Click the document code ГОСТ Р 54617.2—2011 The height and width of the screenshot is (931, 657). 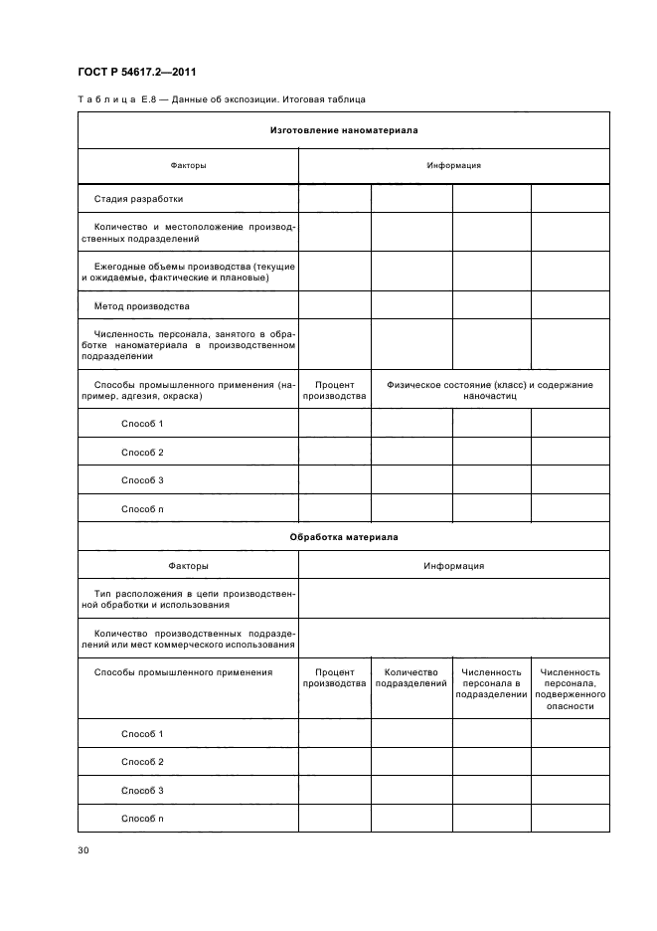click(x=138, y=71)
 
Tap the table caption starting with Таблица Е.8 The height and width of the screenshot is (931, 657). click(x=221, y=99)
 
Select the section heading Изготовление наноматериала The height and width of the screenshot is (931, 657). click(x=344, y=129)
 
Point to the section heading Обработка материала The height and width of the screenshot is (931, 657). click(x=344, y=536)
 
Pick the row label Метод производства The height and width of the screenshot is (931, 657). click(x=141, y=305)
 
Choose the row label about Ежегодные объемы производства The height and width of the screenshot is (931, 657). click(x=188, y=272)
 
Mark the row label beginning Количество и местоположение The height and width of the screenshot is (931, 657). click(x=188, y=233)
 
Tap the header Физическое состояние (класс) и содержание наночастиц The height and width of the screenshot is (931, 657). click(x=490, y=389)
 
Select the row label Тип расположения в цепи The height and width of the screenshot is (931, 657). click(x=188, y=598)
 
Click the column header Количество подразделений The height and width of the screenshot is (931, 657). click(x=411, y=678)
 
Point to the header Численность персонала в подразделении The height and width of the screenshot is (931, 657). click(x=491, y=683)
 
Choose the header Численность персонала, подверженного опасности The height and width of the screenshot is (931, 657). click(x=570, y=689)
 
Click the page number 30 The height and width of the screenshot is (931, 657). click(x=82, y=849)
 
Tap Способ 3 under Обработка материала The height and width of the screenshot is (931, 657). click(x=142, y=790)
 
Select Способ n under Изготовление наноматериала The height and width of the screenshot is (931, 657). click(x=142, y=508)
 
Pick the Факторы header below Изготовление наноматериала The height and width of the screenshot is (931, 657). click(x=189, y=165)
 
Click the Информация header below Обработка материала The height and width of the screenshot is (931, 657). click(x=454, y=565)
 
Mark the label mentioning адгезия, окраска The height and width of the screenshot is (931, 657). click(x=188, y=390)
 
